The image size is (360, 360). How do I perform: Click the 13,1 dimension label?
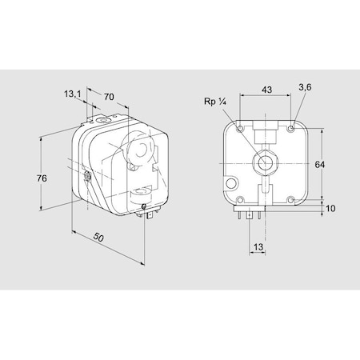73,94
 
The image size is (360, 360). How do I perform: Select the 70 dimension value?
109,97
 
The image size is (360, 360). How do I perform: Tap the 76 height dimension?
42,178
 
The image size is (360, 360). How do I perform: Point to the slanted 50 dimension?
98,237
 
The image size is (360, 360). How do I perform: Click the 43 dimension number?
266,90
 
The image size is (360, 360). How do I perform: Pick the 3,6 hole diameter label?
305,87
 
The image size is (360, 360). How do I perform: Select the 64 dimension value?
319,165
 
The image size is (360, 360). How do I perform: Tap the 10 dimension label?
330,208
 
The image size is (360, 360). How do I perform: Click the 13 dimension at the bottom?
258,247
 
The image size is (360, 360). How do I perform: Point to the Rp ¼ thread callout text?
215,102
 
